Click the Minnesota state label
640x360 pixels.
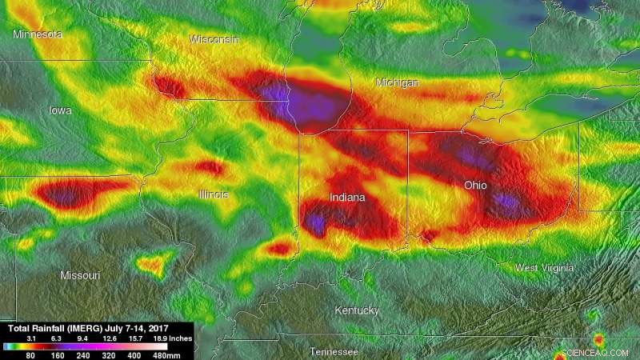click(x=38, y=34)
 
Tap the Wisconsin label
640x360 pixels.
click(x=214, y=39)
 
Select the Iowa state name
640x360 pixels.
click(x=60, y=110)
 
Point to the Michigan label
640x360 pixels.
click(x=398, y=82)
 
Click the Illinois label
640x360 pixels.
click(x=214, y=194)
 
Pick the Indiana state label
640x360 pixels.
click(x=347, y=197)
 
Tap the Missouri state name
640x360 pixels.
click(x=80, y=275)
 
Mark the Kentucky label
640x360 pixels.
click(x=357, y=310)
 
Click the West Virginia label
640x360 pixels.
click(x=545, y=268)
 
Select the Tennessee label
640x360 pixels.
click(x=334, y=352)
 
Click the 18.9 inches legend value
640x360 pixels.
click(x=160, y=339)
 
